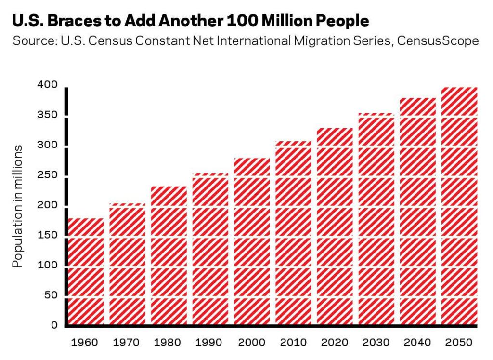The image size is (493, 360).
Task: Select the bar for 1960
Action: click(86, 272)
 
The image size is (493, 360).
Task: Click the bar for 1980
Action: click(169, 256)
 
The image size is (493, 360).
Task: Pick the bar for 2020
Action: click(335, 227)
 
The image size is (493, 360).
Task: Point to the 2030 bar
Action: click(376, 220)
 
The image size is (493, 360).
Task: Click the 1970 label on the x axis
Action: click(126, 343)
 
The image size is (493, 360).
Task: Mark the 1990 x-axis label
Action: click(209, 343)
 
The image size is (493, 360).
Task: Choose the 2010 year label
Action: click(293, 343)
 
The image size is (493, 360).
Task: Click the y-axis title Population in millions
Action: click(18, 206)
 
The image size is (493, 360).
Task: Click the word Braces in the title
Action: click(81, 21)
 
